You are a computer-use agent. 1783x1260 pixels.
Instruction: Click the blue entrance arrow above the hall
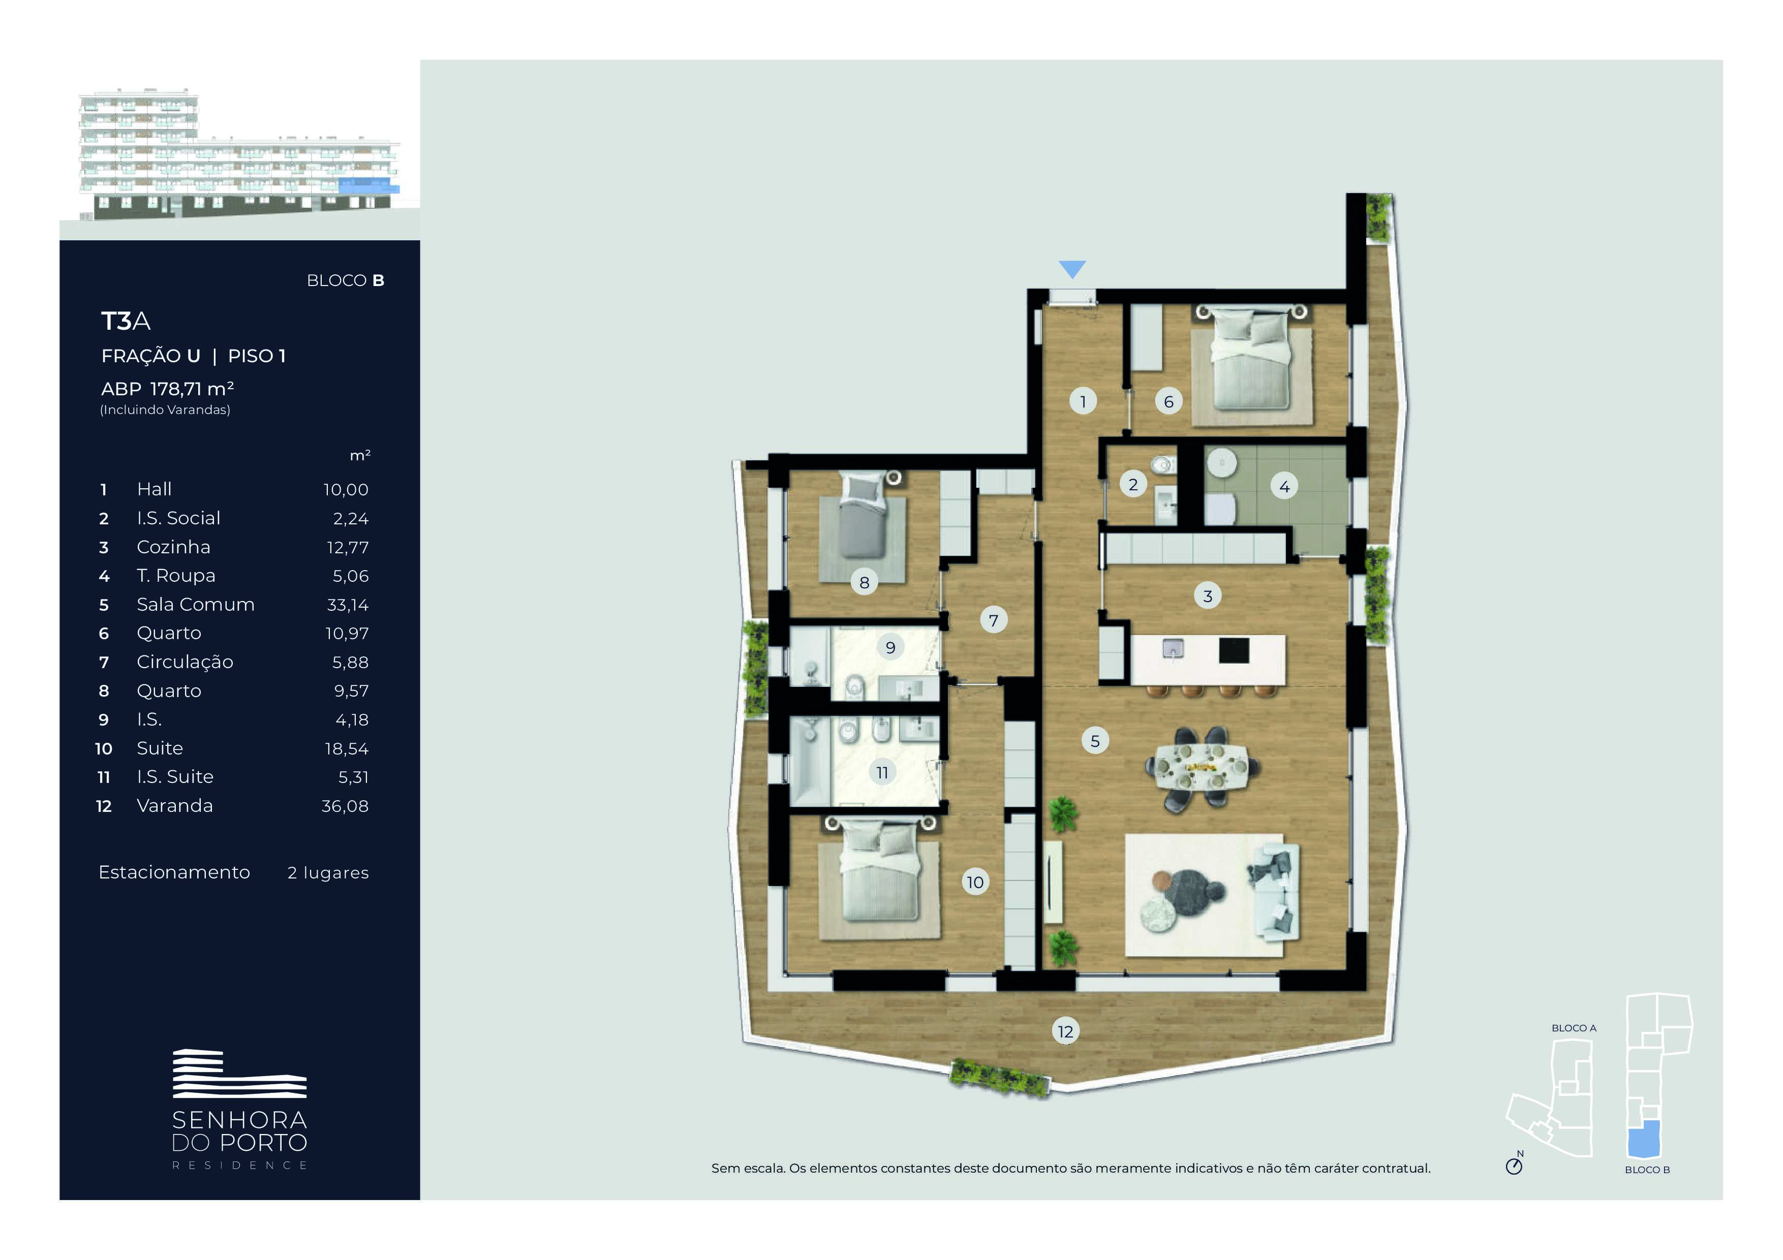point(1072,269)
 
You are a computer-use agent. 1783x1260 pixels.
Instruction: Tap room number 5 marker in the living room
point(1095,741)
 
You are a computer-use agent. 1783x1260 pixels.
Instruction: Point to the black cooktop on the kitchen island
point(1234,650)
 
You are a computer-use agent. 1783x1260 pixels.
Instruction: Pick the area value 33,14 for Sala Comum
point(347,605)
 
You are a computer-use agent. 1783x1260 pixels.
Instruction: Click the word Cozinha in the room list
point(173,547)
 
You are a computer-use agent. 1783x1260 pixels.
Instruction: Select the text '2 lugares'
point(328,873)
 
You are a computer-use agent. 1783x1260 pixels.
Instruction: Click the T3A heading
point(126,321)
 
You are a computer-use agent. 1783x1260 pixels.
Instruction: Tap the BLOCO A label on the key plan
point(1573,1028)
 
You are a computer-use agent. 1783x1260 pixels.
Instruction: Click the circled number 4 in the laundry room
point(1284,486)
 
